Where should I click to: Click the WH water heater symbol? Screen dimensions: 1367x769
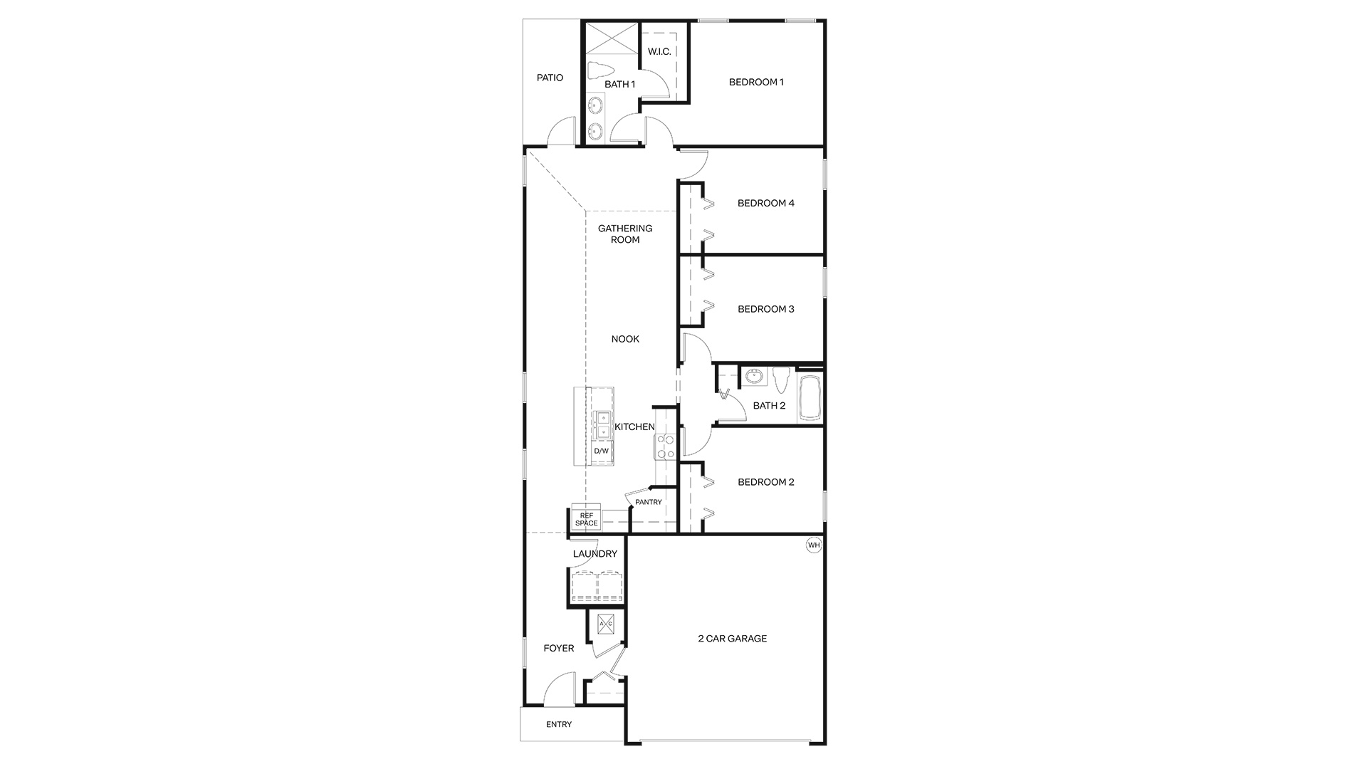click(x=814, y=545)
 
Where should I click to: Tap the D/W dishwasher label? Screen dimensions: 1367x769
click(x=602, y=451)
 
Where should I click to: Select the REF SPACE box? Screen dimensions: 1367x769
click(x=587, y=519)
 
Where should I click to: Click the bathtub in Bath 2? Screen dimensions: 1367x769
click(x=810, y=399)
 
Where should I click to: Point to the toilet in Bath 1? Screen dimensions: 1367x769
click(x=599, y=71)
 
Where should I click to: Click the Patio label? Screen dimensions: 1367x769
click(x=550, y=78)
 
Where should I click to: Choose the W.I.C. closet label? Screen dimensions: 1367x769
click(x=659, y=51)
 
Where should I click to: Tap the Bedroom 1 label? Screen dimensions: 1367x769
click(x=756, y=82)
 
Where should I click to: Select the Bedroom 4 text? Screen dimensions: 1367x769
click(x=766, y=203)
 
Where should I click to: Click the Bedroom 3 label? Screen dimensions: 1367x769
click(x=766, y=309)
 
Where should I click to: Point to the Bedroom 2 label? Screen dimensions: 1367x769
click(x=766, y=482)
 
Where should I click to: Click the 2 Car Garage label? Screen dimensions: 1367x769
click(x=733, y=639)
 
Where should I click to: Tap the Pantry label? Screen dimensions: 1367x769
click(x=649, y=502)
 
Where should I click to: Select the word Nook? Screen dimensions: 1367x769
click(x=625, y=339)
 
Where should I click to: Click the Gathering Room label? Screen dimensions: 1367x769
click(x=625, y=234)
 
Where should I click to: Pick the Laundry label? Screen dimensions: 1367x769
click(x=595, y=554)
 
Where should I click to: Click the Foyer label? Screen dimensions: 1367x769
click(x=559, y=649)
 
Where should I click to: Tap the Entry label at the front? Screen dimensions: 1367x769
click(x=559, y=725)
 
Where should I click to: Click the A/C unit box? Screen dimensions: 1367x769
click(x=606, y=624)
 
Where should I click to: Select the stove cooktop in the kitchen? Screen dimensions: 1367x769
click(x=666, y=446)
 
